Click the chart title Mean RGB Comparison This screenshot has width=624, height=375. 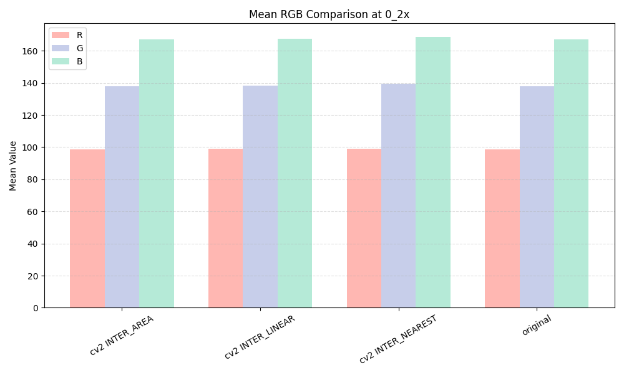coord(329,14)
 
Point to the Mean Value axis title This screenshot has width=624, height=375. coord(13,166)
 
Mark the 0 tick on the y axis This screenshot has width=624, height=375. coord(35,308)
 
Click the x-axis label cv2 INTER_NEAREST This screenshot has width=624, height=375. coord(399,339)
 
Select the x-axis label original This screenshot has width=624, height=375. coord(537,326)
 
